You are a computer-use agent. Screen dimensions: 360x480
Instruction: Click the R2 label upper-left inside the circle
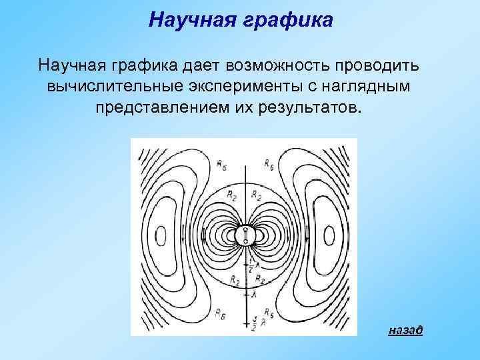pos(230,195)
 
